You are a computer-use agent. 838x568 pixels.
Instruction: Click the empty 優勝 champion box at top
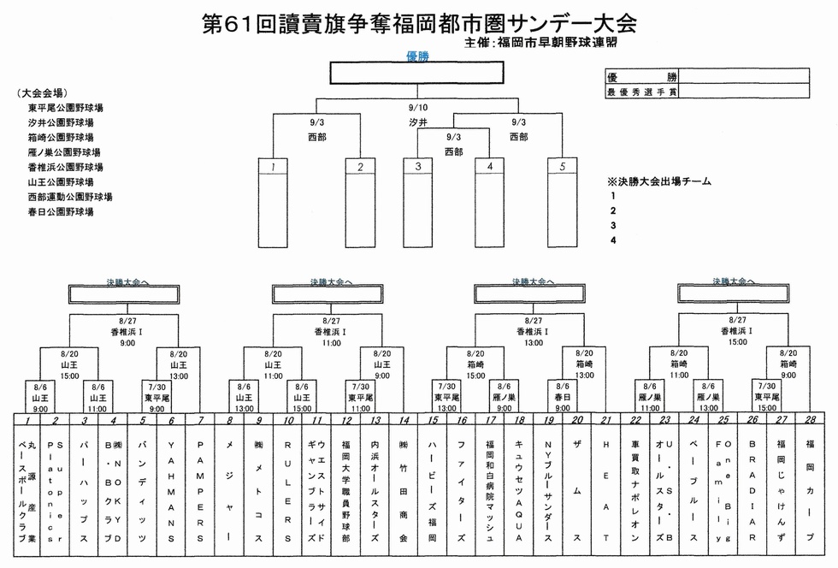pos(417,72)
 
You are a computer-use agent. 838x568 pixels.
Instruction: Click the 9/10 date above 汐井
pos(417,108)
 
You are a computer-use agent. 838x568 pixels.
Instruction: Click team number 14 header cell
pos(403,420)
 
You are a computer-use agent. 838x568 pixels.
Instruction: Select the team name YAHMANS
pos(171,492)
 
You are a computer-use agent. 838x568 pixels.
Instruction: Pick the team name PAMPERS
pos(200,492)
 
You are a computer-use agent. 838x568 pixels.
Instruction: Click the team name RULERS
pos(288,492)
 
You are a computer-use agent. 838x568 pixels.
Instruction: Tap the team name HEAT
pos(605,492)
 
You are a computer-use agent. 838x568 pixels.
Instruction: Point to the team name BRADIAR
pos(752,492)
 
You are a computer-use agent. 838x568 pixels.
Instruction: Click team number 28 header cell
pos(810,420)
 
